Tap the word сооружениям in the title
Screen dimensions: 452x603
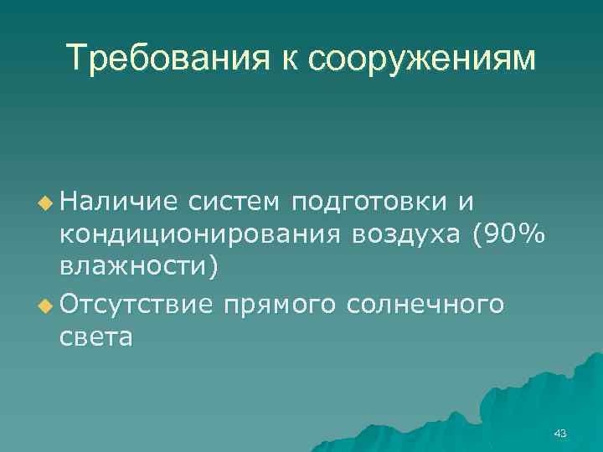pyautogui.click(x=421, y=59)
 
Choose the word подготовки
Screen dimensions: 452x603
pyautogui.click(x=368, y=203)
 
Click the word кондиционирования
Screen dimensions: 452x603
pyautogui.click(x=201, y=236)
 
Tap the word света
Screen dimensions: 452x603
pyautogui.click(x=95, y=337)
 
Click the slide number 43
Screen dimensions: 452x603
pyautogui.click(x=560, y=433)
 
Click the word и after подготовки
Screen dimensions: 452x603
pyautogui.click(x=466, y=202)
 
